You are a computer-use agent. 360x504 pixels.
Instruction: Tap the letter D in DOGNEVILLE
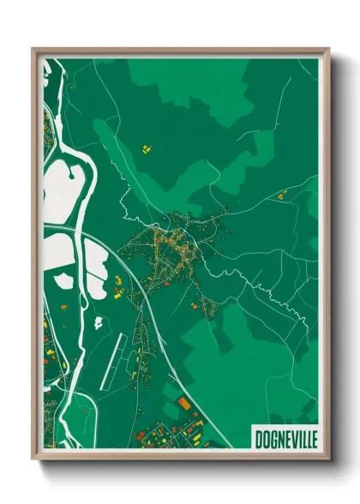(x=258, y=439)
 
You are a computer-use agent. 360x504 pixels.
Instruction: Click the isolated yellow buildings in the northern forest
(x=145, y=149)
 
